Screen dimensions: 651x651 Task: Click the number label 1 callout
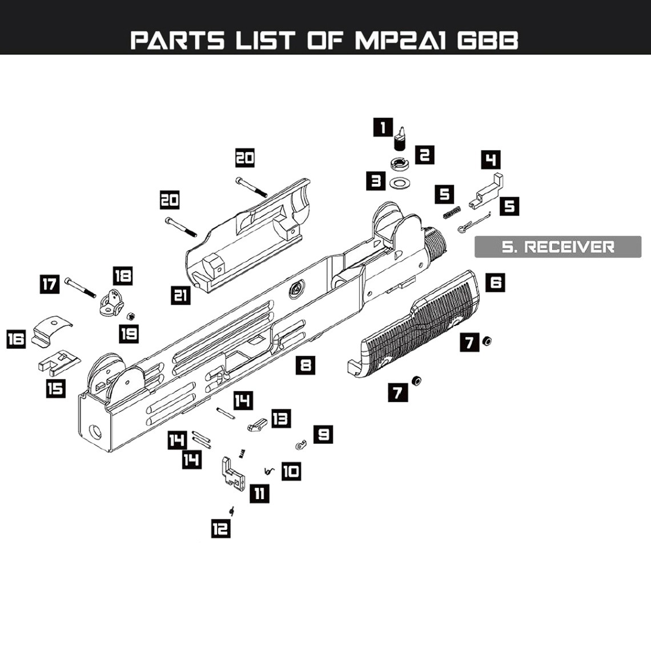point(383,127)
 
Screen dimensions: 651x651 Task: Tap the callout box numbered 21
point(181,295)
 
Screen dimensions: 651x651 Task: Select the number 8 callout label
point(306,364)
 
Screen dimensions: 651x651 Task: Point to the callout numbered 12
point(220,529)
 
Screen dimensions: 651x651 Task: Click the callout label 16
point(16,339)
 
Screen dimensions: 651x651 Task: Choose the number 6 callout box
point(496,282)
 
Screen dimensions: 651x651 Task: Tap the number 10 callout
point(291,471)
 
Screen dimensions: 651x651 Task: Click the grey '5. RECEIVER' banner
point(558,247)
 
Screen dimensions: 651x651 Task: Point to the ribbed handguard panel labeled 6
point(417,325)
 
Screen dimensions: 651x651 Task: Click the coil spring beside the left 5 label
point(452,212)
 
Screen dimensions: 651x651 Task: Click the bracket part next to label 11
point(232,473)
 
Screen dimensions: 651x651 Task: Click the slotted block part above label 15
point(59,361)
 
